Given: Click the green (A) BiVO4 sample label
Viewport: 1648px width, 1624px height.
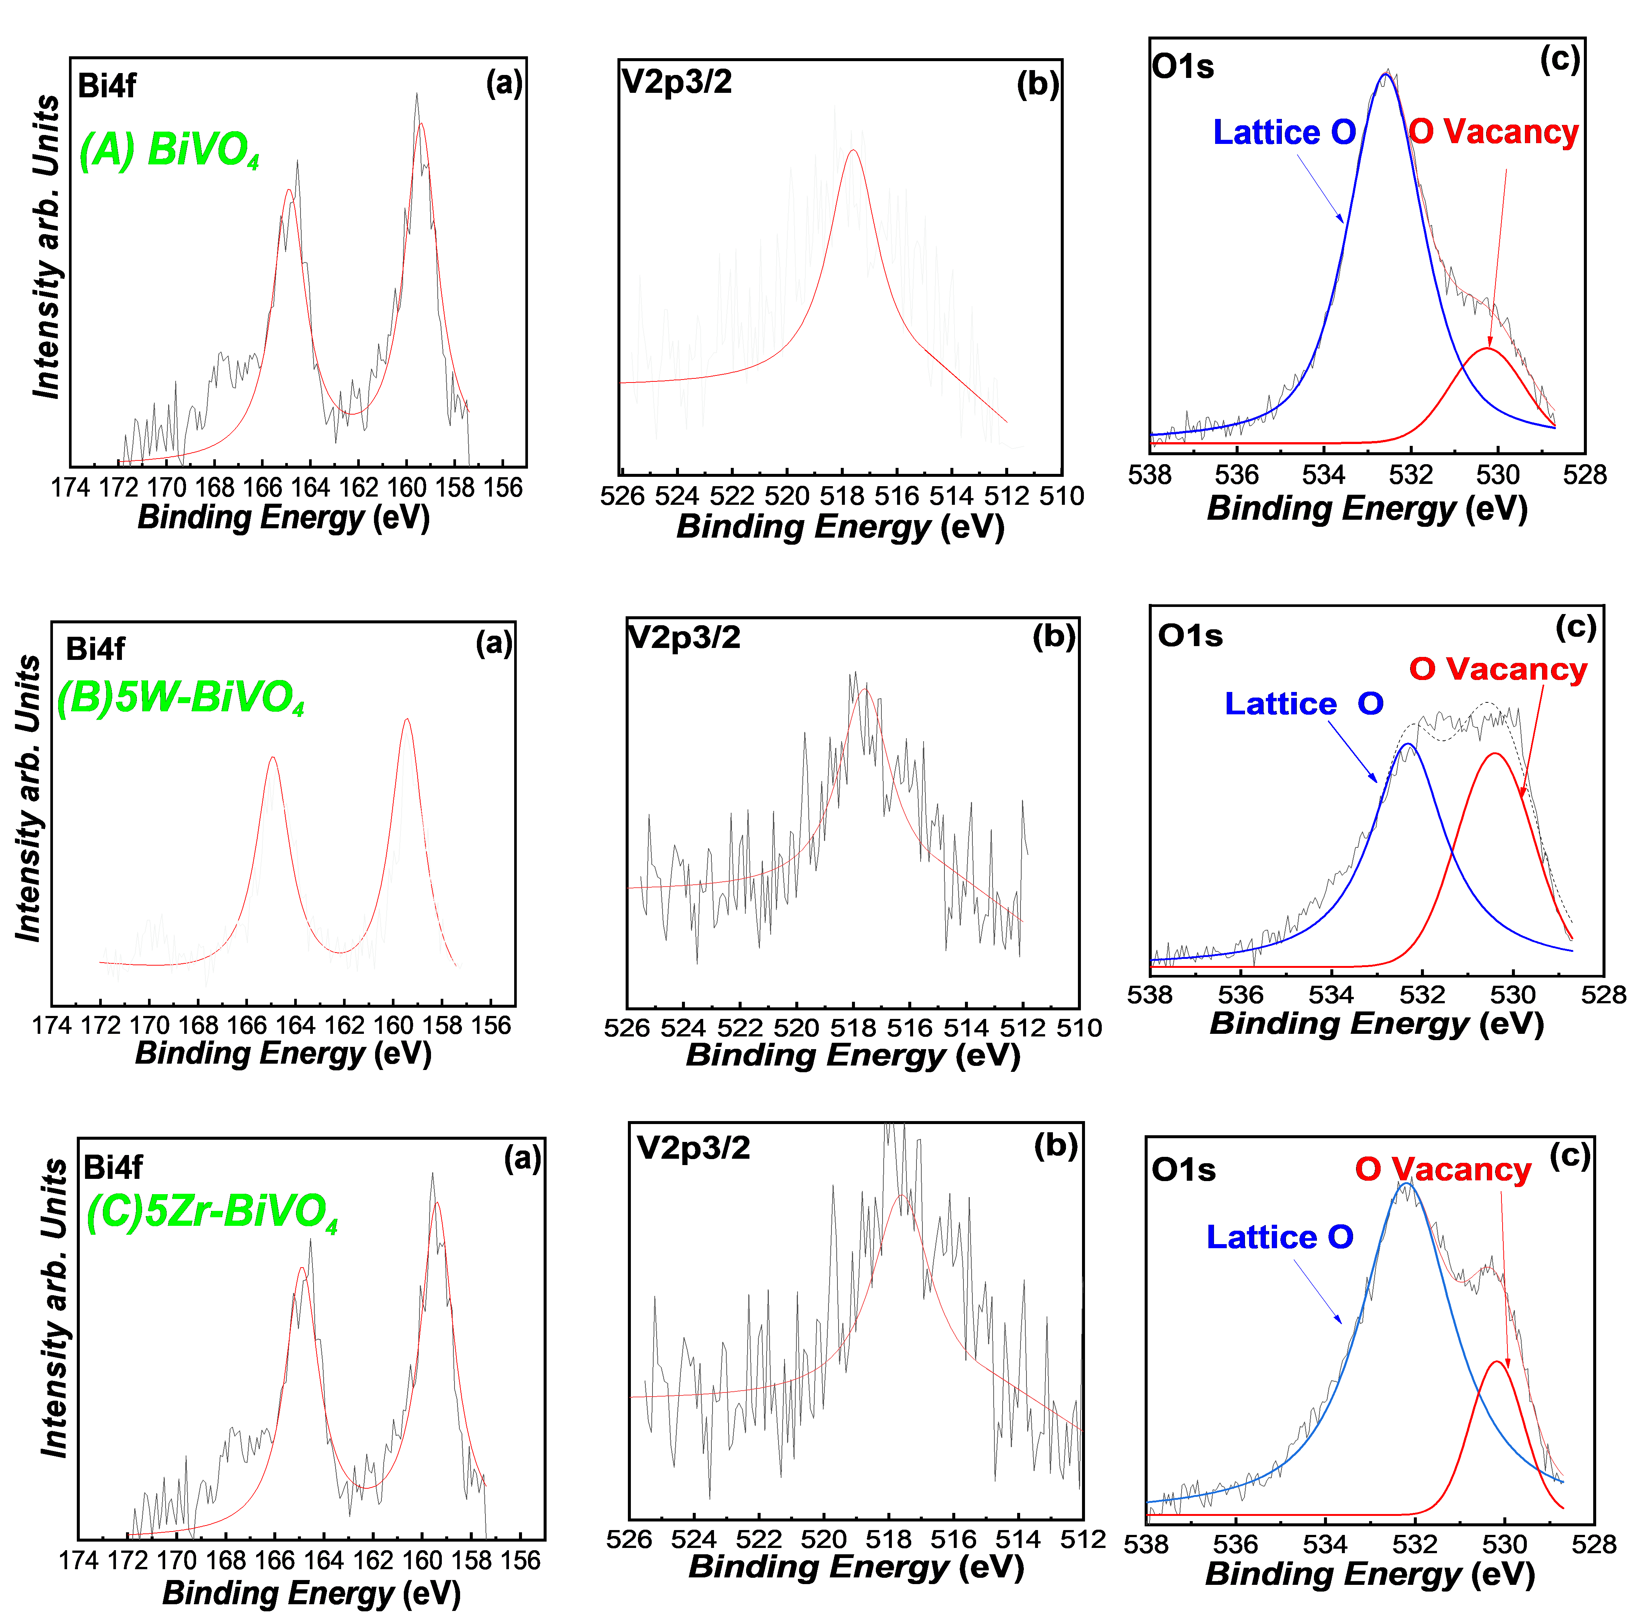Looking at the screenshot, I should pyautogui.click(x=169, y=151).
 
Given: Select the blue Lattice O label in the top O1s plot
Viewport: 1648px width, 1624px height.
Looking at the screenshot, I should pyautogui.click(x=1284, y=132).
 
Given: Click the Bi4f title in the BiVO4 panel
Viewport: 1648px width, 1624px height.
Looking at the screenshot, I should pyautogui.click(x=107, y=86).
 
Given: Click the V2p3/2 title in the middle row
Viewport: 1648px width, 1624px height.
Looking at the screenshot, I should pyautogui.click(x=684, y=637).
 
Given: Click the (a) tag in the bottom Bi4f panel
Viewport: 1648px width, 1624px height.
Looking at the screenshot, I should pyautogui.click(x=522, y=1158).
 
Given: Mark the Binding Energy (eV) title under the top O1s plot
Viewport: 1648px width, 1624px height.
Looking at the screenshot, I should pyautogui.click(x=1366, y=509).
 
